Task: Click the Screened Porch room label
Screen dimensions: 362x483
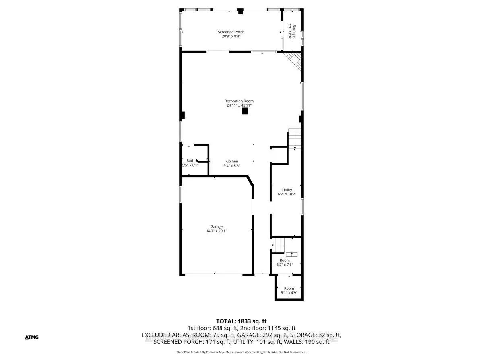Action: (231, 32)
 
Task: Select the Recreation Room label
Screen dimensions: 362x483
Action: (239, 101)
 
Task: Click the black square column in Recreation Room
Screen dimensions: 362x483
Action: (245, 112)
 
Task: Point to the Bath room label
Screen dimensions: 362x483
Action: (190, 161)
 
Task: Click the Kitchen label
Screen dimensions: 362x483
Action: (231, 161)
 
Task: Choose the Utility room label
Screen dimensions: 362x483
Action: (287, 190)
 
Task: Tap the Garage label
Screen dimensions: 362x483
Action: (217, 227)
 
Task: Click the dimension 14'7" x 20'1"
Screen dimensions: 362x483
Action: (217, 231)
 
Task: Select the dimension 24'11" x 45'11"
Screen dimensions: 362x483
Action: (239, 105)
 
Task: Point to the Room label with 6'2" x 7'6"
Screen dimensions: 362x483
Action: (285, 261)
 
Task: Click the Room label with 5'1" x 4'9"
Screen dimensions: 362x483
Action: (289, 288)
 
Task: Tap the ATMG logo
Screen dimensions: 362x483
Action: (31, 337)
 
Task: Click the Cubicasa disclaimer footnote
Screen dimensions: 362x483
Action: (242, 352)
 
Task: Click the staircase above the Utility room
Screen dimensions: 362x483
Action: (295, 138)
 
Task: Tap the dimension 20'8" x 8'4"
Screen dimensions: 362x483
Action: (231, 37)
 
